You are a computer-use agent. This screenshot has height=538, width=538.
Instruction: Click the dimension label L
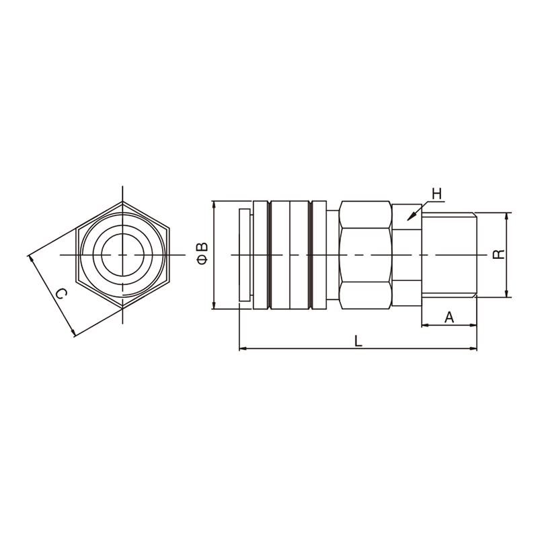(358, 341)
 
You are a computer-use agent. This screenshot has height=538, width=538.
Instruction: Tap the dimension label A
(449, 317)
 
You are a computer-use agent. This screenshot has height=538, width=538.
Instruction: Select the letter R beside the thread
(498, 254)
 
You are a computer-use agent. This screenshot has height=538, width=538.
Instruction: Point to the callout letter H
(436, 194)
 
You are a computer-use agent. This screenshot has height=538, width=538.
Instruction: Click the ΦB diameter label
(202, 254)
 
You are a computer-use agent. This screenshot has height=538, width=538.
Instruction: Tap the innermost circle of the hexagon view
(122, 255)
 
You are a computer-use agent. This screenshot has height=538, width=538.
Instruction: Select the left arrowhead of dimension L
(243, 348)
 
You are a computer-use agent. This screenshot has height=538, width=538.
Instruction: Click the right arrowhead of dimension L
(473, 348)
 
